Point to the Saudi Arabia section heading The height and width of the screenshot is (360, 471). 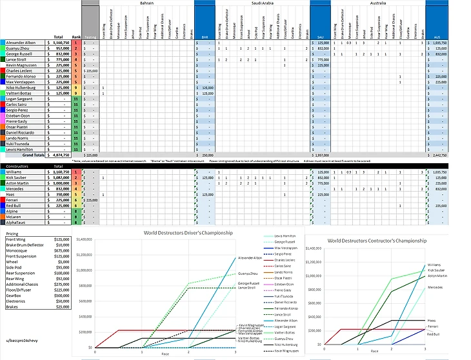[261, 3]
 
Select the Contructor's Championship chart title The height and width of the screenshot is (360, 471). [377, 240]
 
